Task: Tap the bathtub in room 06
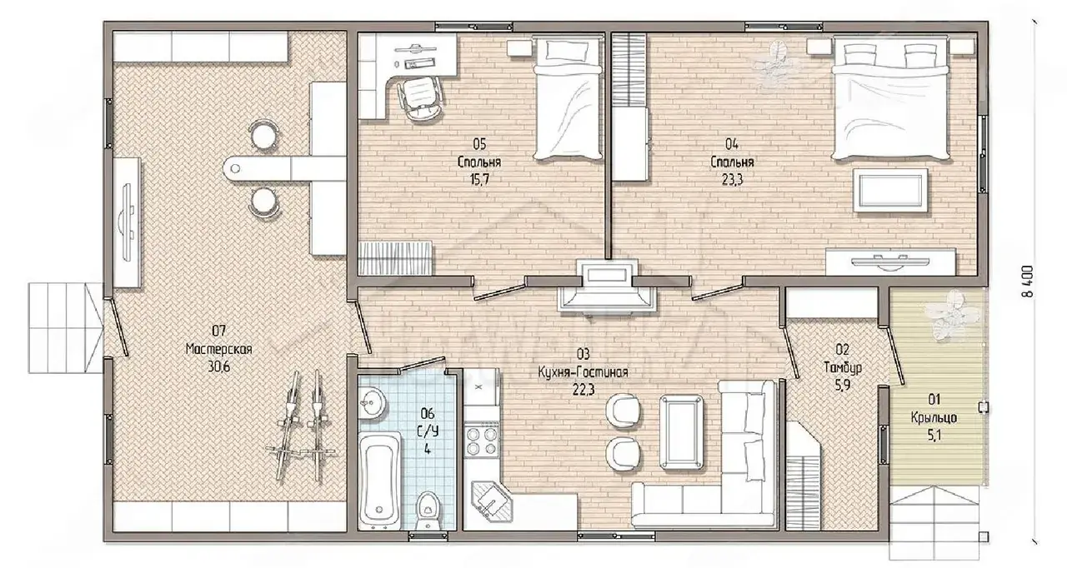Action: pyautogui.click(x=379, y=480)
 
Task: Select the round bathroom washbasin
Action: pyautogui.click(x=372, y=403)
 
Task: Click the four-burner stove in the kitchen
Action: pyautogui.click(x=481, y=441)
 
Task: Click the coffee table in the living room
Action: pyautogui.click(x=681, y=432)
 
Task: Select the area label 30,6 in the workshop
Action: pyautogui.click(x=218, y=366)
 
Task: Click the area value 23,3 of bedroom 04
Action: pyautogui.click(x=732, y=180)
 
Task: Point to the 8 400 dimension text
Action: pyautogui.click(x=1028, y=282)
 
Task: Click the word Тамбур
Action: pyautogui.click(x=842, y=368)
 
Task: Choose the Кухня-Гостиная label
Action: pyautogui.click(x=583, y=372)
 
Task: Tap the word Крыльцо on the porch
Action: pyautogui.click(x=934, y=418)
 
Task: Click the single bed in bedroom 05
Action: pyautogui.click(x=567, y=99)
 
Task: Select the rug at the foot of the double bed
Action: pyautogui.click(x=890, y=190)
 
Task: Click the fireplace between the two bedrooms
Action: pyautogui.click(x=608, y=286)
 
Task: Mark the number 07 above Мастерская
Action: pyautogui.click(x=218, y=330)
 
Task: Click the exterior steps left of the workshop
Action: pyautogui.click(x=66, y=328)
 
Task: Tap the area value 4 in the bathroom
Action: pyautogui.click(x=428, y=449)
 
